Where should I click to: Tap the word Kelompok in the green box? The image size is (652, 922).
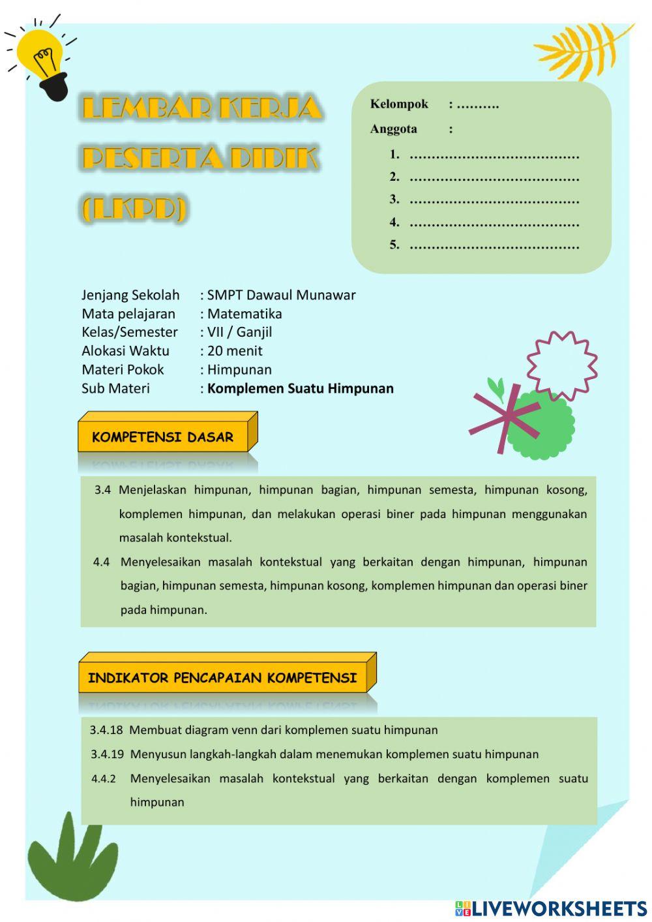(x=399, y=104)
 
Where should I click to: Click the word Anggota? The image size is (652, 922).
(x=393, y=129)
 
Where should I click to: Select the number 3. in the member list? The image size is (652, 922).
(x=394, y=200)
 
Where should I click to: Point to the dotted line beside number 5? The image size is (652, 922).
(x=494, y=246)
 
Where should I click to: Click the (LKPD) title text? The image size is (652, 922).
(x=134, y=209)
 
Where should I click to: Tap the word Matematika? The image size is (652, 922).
(x=244, y=314)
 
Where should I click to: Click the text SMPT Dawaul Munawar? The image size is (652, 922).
(x=281, y=295)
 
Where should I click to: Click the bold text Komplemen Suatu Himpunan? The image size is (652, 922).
(x=300, y=389)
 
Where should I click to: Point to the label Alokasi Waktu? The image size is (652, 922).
(x=125, y=351)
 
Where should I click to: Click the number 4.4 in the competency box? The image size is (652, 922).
(x=101, y=562)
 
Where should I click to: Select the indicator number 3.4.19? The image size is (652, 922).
(x=107, y=754)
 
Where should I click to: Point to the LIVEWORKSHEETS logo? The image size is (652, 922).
(x=551, y=908)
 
